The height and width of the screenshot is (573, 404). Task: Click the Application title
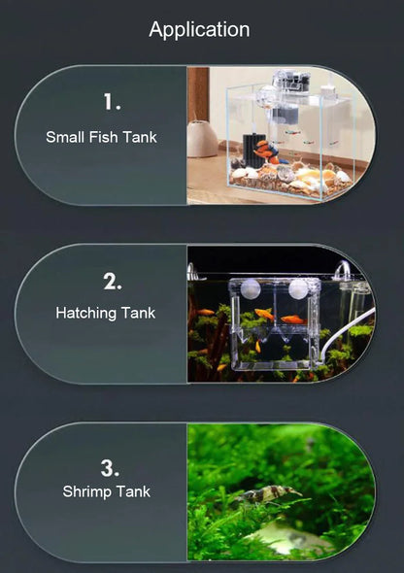point(199,30)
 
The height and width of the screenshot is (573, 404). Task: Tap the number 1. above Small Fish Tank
point(112,102)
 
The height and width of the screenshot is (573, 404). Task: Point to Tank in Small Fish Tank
point(140,137)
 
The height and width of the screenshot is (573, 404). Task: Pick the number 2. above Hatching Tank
point(112,282)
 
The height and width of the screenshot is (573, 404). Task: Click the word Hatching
point(85,314)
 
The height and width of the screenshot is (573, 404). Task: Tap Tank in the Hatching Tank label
point(138,313)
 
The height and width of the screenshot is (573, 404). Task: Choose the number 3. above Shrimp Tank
point(110,468)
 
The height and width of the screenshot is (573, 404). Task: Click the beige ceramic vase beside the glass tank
point(202,139)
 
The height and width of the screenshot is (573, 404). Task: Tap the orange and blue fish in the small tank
point(268,152)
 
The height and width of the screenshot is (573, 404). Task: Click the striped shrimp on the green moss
point(268,494)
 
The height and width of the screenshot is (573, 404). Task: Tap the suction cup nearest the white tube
point(299,289)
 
